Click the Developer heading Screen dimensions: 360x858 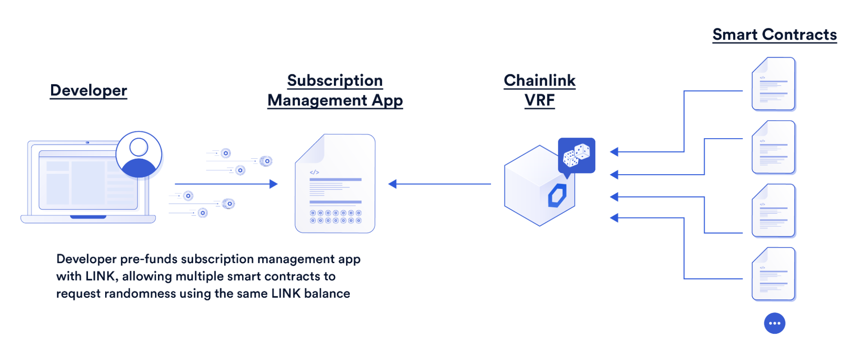coord(88,91)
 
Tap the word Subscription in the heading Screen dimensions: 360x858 coord(335,81)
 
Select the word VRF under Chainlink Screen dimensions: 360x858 coord(540,100)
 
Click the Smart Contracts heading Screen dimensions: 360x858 coord(774,35)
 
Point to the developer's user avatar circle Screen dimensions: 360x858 coord(139,154)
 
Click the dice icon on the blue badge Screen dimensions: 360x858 coord(576,155)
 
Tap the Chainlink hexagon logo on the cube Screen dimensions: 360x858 coord(557,196)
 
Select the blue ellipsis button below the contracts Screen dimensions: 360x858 coord(774,323)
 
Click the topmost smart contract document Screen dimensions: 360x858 coord(773,84)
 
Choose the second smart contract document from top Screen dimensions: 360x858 coord(773,147)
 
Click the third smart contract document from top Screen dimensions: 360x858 coord(773,211)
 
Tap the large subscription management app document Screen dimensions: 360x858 coord(335,184)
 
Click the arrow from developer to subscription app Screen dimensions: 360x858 coord(226,184)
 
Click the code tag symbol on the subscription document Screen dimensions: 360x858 coord(314,172)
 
